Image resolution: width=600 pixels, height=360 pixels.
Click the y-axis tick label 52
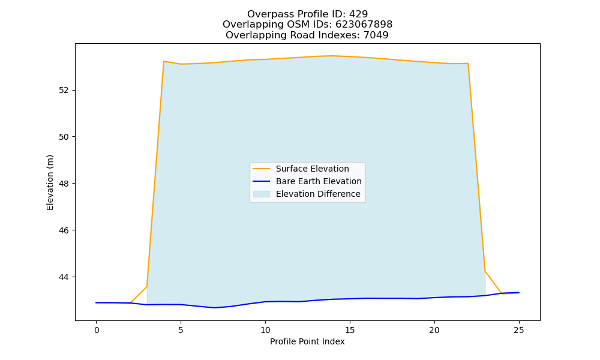64,90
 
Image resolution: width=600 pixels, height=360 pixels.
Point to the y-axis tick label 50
64,137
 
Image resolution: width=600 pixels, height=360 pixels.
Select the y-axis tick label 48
64,184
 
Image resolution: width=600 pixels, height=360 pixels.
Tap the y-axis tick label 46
64,230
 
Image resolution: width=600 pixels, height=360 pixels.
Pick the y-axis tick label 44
64,277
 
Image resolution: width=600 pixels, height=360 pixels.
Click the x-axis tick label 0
97,330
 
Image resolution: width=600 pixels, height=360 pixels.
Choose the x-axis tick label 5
181,330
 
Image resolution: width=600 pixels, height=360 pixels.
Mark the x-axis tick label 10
265,330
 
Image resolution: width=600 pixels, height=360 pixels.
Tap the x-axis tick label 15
350,330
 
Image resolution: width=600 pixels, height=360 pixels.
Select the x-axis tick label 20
434,330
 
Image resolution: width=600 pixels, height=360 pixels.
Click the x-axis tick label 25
519,330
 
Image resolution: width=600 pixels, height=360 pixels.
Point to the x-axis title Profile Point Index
307,341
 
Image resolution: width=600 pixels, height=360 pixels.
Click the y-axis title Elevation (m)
50,182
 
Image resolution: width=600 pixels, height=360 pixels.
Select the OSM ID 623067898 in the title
364,25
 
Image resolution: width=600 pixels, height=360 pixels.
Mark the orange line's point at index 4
164,61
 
